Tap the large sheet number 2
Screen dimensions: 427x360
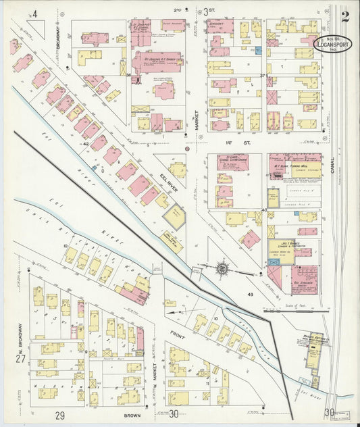345,16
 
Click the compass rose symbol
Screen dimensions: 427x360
222,269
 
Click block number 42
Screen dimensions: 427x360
86,144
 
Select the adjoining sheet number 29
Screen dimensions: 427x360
60,414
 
